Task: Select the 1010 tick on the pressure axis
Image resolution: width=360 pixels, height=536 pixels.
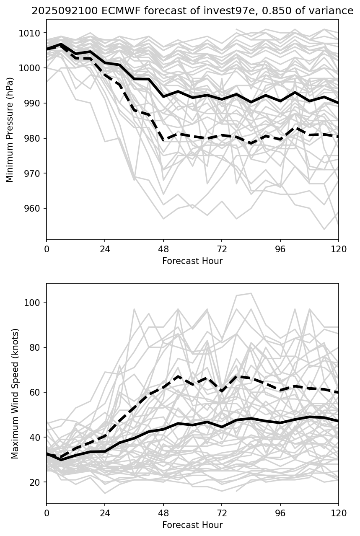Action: (32, 33)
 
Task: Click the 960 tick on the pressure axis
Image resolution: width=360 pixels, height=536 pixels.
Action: (34, 209)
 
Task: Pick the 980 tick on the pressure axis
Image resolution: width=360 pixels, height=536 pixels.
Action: (34, 138)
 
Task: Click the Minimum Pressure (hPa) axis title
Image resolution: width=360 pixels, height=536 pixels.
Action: (10, 129)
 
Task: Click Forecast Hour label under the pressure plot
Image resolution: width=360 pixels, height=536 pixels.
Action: (192, 261)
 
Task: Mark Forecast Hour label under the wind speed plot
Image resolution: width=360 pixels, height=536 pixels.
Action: (192, 525)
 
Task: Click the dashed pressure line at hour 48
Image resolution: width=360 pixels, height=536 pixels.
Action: (163, 140)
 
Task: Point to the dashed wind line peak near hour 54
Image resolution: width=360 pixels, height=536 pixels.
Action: (178, 376)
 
